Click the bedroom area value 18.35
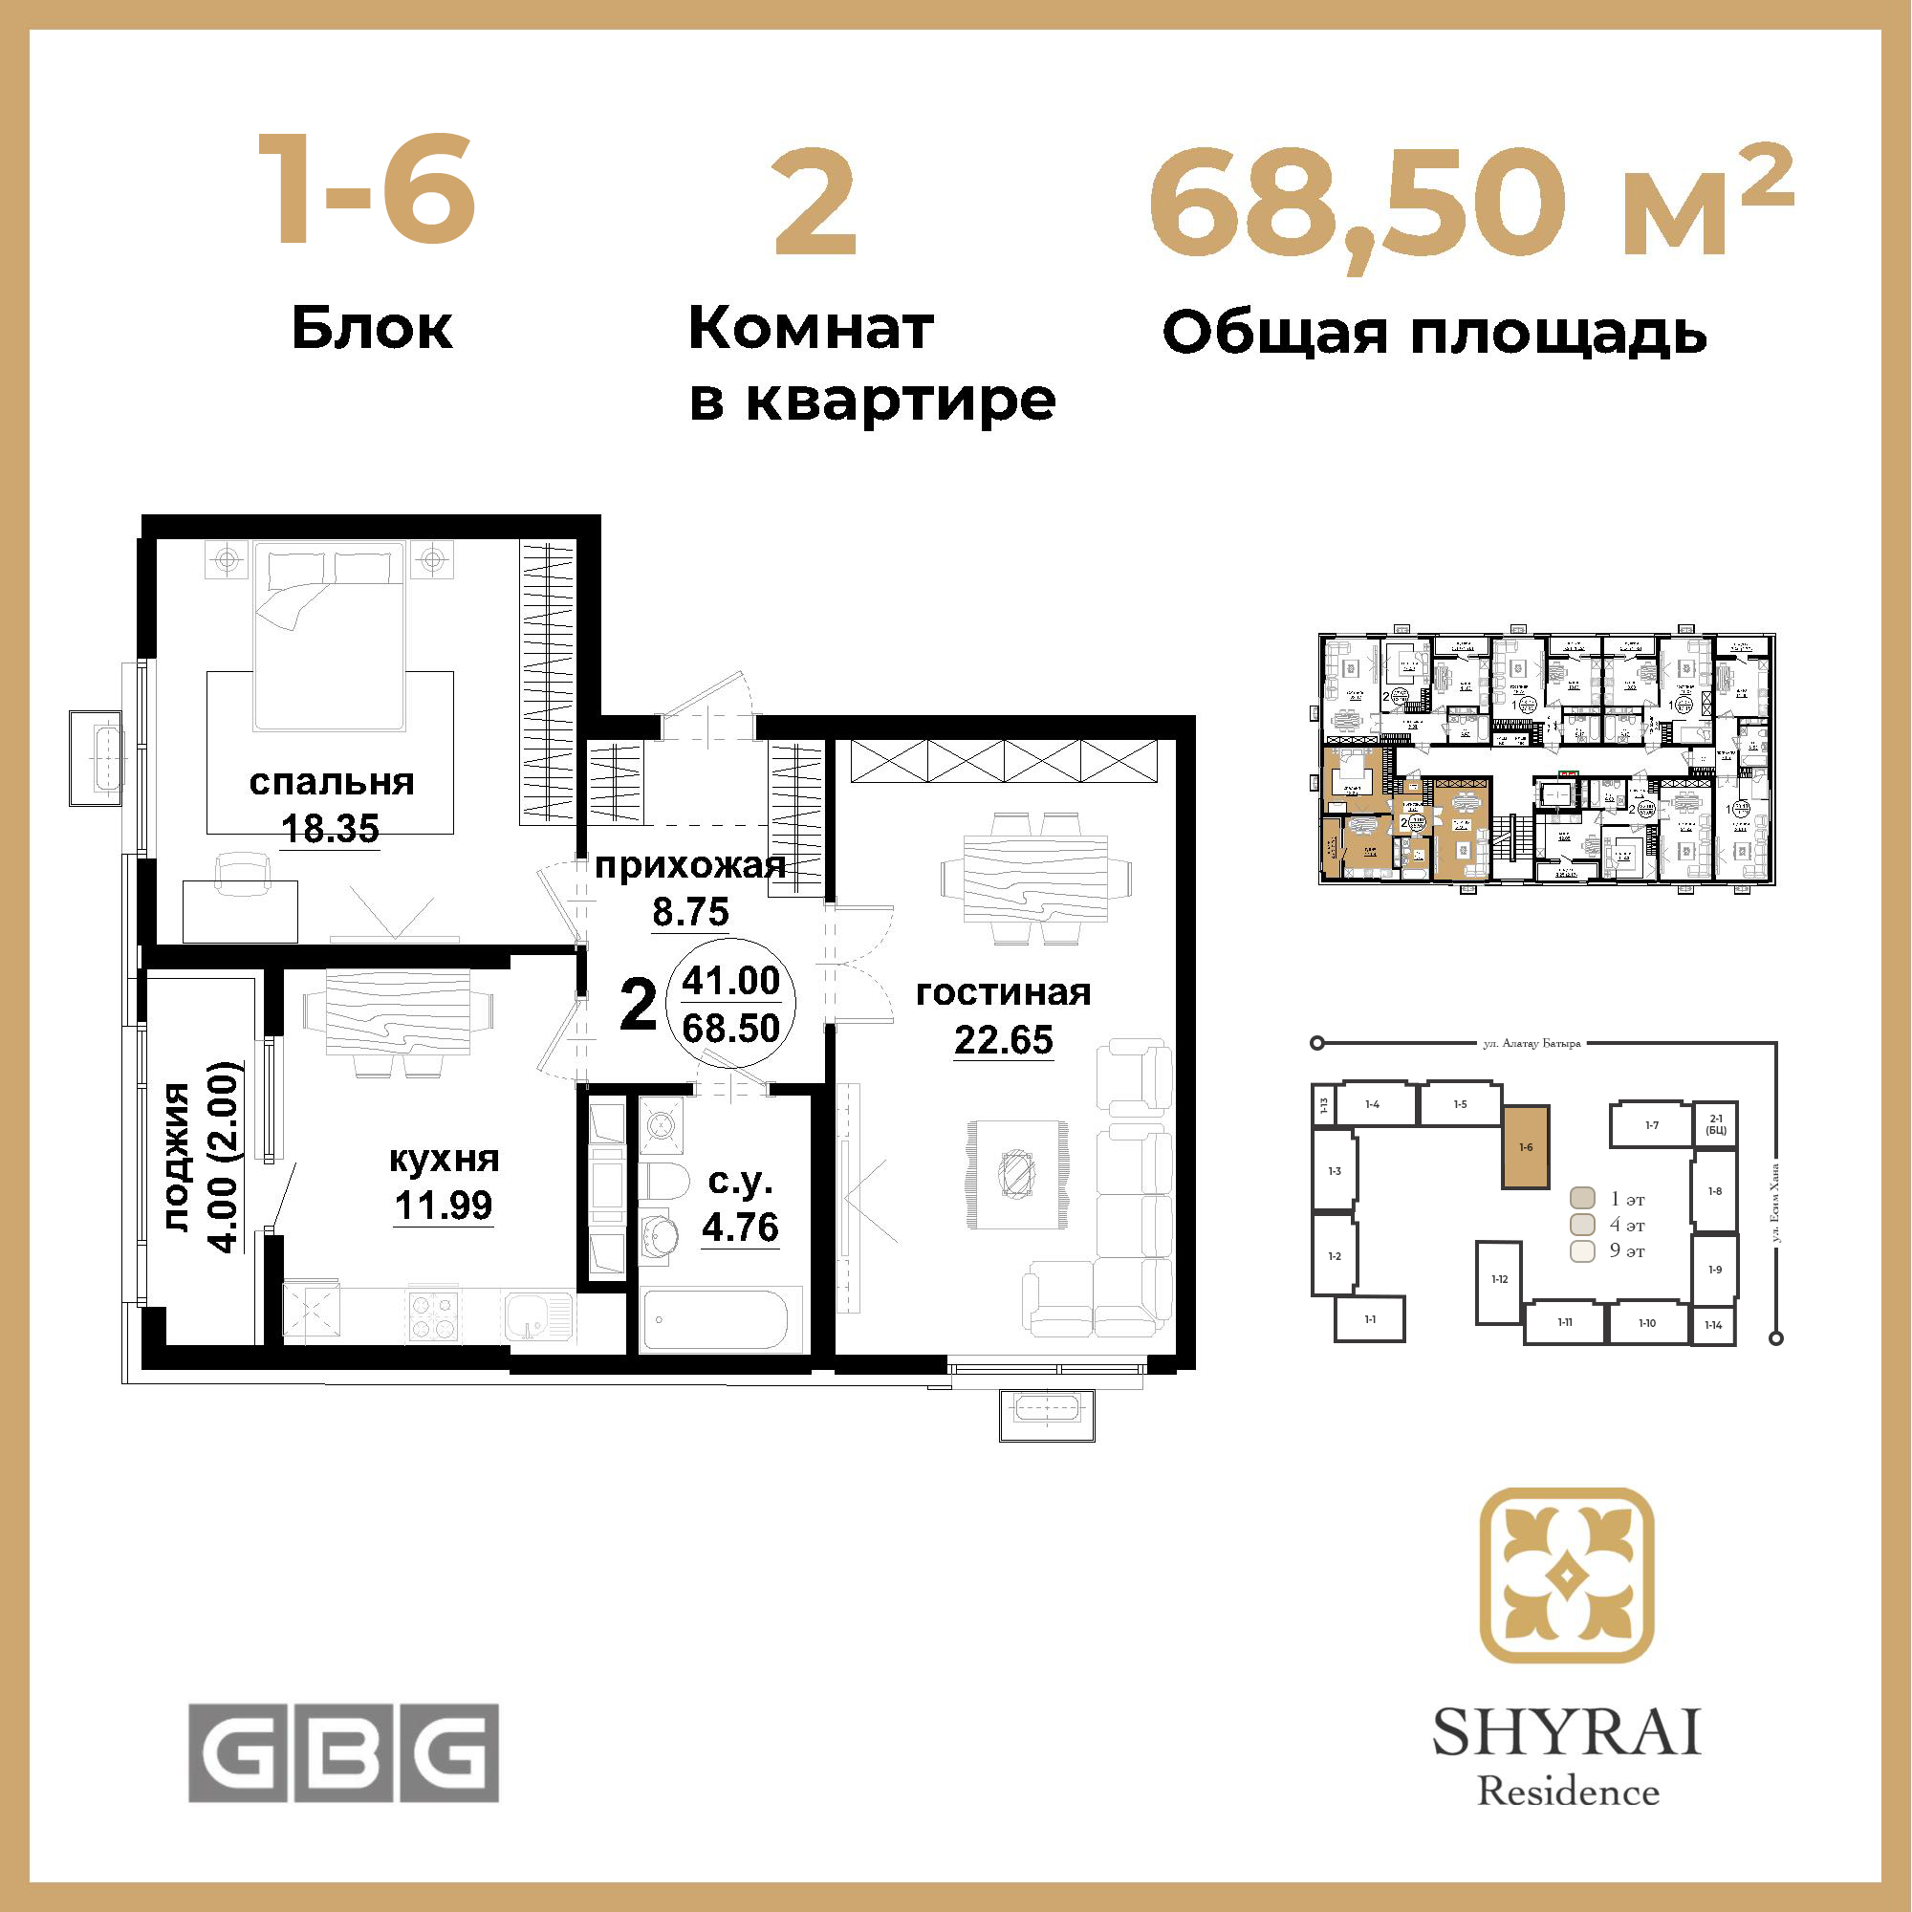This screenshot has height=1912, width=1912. pos(331,828)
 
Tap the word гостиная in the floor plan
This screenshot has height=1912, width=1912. pos(1003,992)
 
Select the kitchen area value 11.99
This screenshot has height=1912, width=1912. pos(444,1206)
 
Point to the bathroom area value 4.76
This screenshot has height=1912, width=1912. pos(740,1228)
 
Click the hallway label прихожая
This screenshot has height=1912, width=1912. pos(690,866)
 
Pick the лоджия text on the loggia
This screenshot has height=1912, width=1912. pos(176,1157)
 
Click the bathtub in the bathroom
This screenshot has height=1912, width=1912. pos(715,1319)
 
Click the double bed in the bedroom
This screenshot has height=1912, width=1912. pos(331,634)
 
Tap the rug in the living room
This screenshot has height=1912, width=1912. pos(1017,1175)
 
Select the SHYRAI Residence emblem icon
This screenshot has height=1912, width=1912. pos(1567,1575)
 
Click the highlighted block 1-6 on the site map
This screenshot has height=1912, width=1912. pos(1526,1147)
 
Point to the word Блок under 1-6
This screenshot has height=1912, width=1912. pos(372,328)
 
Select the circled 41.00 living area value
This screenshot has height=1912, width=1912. pos(731,981)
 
